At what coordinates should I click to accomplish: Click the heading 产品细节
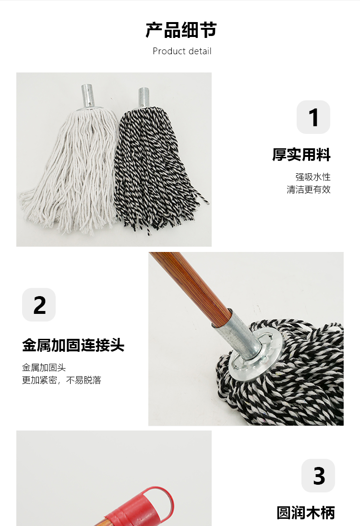[181, 30]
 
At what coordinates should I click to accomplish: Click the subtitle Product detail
[182, 51]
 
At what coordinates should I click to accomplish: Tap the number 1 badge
[313, 117]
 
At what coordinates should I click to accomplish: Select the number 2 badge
[39, 305]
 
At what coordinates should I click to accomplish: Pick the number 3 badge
[318, 475]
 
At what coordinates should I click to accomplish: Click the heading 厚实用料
[301, 155]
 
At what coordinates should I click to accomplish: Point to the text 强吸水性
[312, 177]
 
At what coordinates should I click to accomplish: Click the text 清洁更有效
[309, 190]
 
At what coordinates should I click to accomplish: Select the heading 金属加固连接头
[73, 345]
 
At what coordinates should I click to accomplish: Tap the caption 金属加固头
[44, 368]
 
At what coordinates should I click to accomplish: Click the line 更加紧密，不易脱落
[62, 380]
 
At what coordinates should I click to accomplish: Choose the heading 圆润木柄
[306, 513]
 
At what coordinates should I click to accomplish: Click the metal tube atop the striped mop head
[144, 97]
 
